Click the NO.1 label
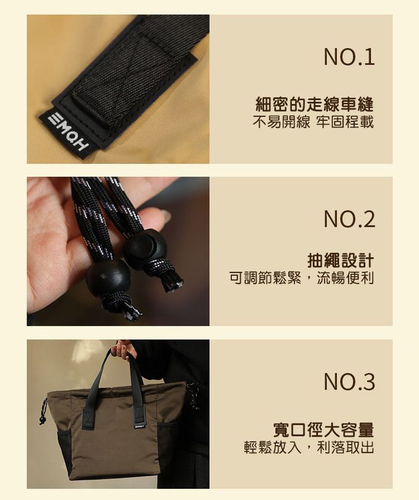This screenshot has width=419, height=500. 349,57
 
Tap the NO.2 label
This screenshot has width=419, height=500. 349,219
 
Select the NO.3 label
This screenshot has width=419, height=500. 349,382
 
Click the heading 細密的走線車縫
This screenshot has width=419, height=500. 314,104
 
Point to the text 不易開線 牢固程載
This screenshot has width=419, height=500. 313,122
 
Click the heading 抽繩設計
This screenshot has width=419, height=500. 341,260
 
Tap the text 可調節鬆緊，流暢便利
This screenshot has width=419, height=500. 301,278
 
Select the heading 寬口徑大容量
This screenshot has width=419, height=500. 323,430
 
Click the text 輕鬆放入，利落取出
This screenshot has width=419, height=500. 309,447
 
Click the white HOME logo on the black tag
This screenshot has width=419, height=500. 68,132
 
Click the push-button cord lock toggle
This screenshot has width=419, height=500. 145,247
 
